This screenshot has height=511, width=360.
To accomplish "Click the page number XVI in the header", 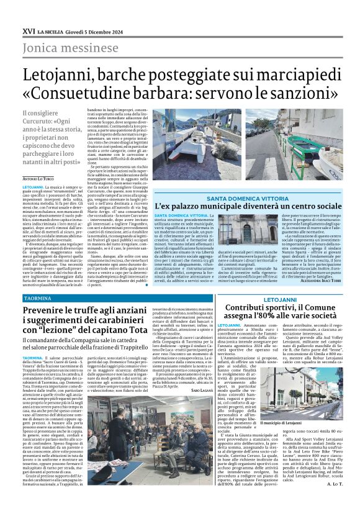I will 28,29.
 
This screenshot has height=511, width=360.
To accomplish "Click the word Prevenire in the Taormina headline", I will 50,311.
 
